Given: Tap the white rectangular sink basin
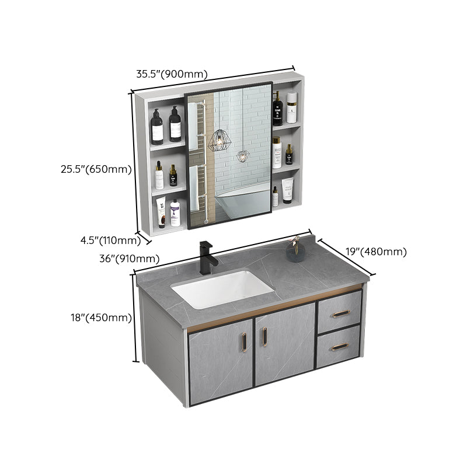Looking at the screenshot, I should click(x=222, y=288).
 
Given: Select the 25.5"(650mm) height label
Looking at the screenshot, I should click(x=96, y=170).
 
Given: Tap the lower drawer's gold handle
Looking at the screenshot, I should click(x=339, y=347).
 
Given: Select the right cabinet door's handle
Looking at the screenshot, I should click(x=264, y=336).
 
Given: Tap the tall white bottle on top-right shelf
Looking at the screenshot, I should click(x=291, y=109).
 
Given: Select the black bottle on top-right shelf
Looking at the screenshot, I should click(x=277, y=109).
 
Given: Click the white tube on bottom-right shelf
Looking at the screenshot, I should click(x=287, y=190).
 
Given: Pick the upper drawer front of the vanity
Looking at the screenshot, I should click(x=339, y=308).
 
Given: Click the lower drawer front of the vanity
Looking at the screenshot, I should click(x=338, y=347).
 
